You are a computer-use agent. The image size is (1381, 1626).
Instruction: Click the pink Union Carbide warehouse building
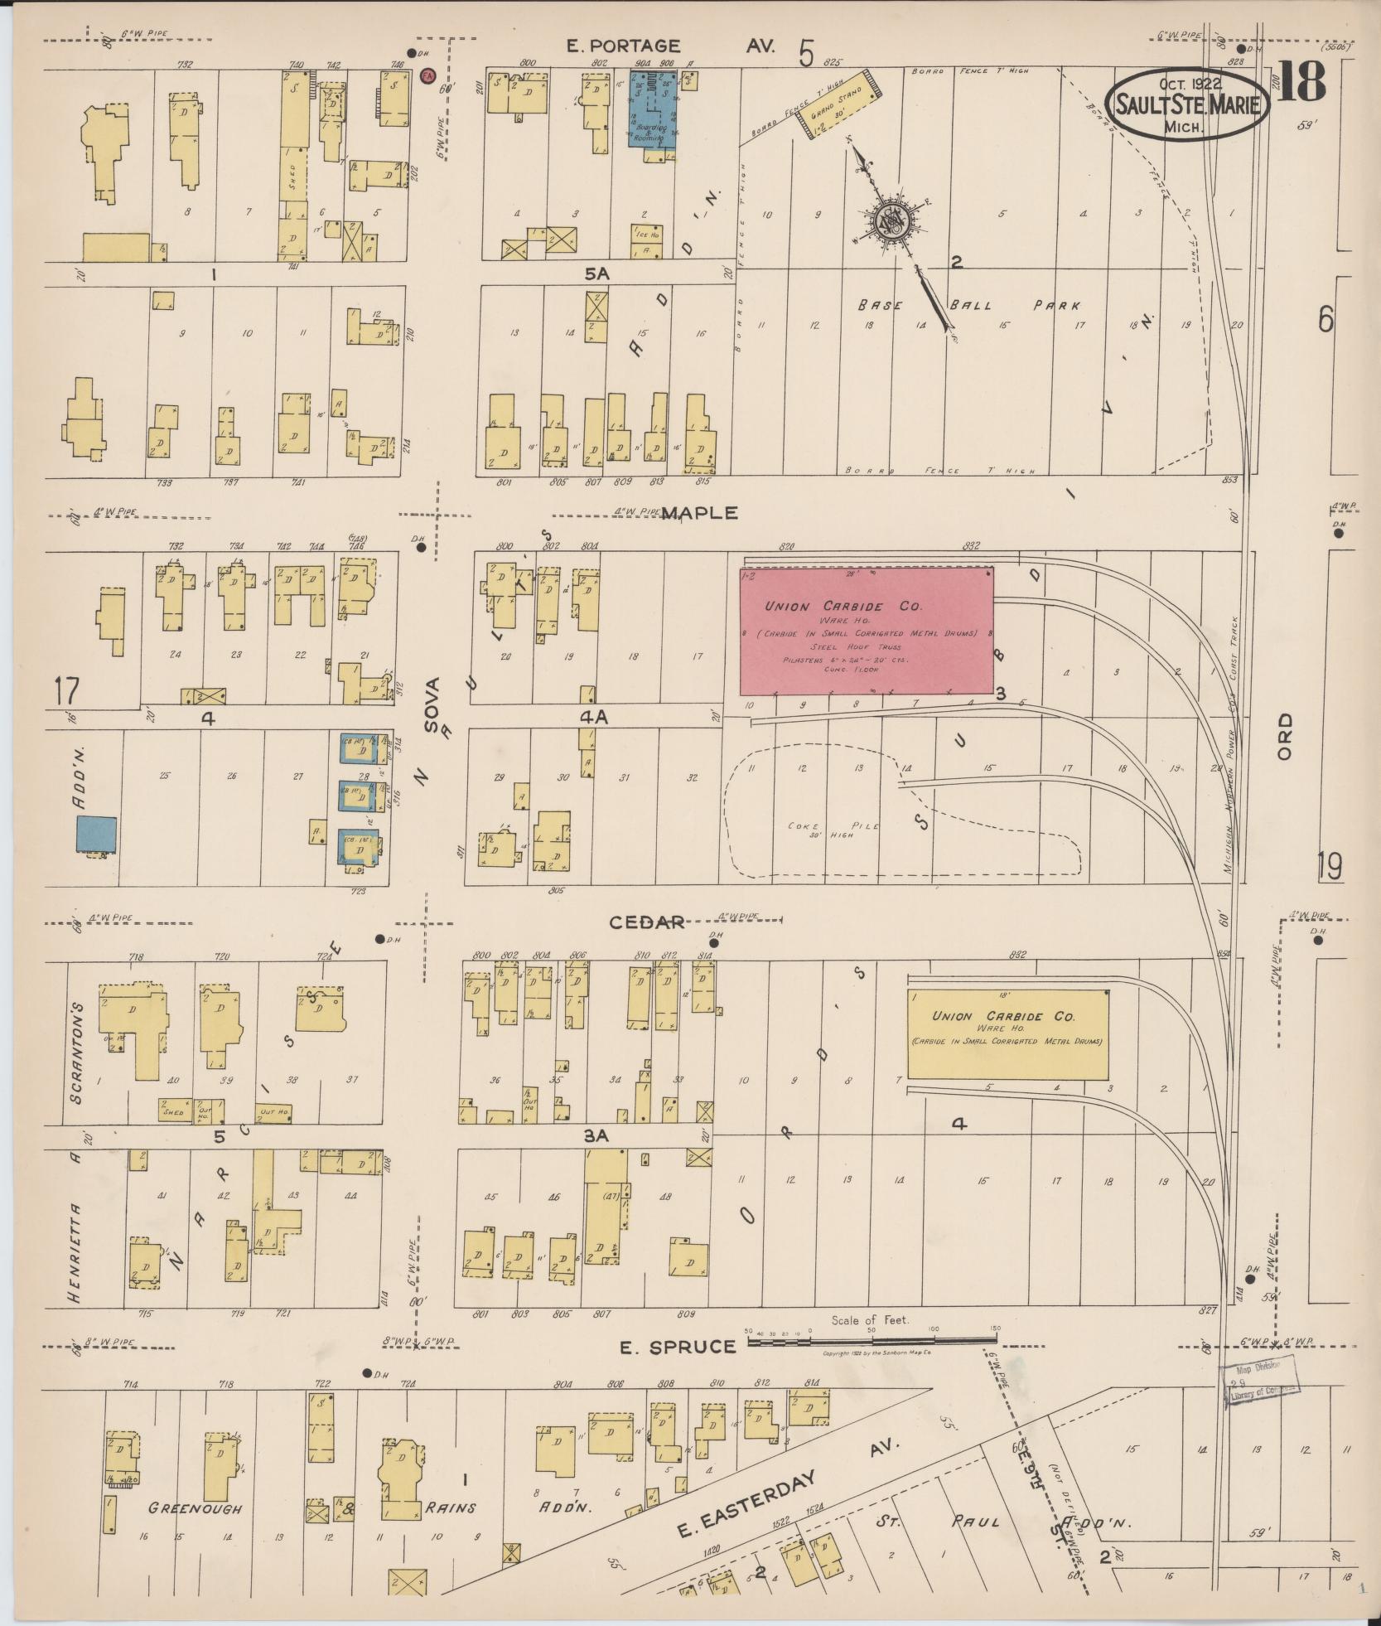(x=866, y=631)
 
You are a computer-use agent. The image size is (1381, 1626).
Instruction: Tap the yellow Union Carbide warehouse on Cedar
(x=1007, y=1034)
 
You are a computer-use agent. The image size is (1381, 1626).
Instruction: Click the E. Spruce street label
(x=678, y=1347)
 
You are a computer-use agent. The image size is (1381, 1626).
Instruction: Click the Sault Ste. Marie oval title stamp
(x=1186, y=105)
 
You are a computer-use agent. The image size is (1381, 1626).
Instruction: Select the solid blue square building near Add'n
(x=97, y=834)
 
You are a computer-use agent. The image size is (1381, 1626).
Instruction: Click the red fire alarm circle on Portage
(x=428, y=75)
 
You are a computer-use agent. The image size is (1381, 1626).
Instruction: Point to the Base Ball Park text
(x=968, y=305)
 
